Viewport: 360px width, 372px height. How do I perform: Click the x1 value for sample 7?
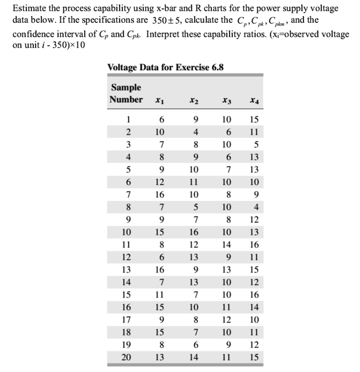tap(159, 195)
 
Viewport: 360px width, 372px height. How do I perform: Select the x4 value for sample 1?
tap(254, 119)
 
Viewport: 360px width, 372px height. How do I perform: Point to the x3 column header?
tap(227, 100)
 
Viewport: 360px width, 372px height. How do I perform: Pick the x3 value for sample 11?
tap(227, 245)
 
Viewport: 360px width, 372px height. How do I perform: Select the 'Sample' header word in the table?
tap(126, 87)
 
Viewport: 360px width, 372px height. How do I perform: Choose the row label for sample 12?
tap(126, 257)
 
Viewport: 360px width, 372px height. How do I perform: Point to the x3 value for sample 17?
tap(227, 320)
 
